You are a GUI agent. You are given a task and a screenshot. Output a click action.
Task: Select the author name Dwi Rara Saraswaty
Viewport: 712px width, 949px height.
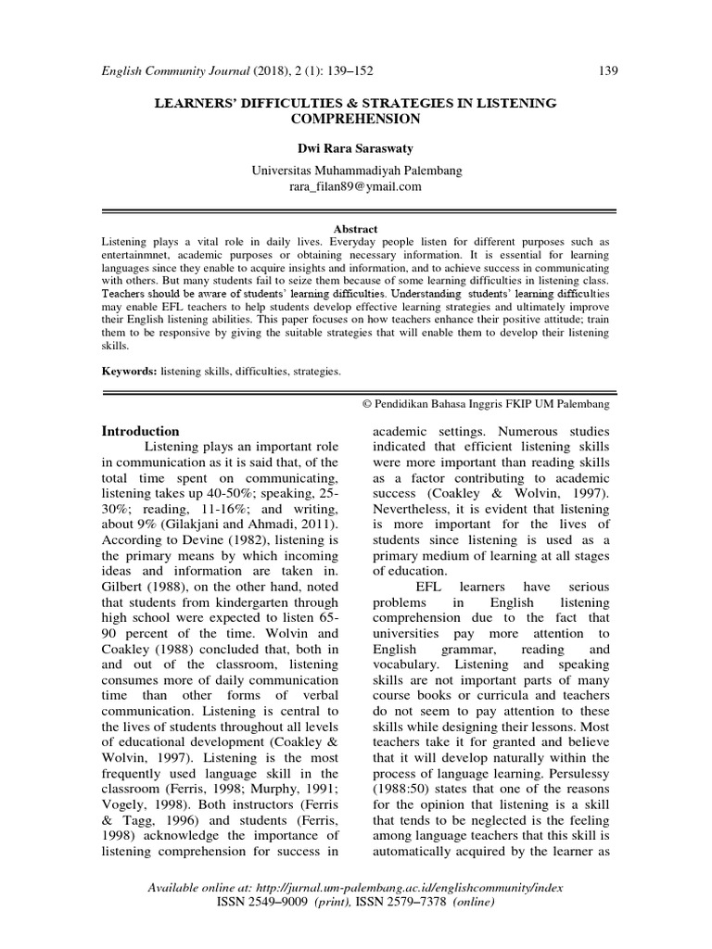(x=356, y=147)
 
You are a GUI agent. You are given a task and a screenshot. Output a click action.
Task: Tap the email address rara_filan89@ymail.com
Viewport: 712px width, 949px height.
(x=356, y=185)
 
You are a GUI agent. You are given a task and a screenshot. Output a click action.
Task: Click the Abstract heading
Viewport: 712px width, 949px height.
(x=356, y=228)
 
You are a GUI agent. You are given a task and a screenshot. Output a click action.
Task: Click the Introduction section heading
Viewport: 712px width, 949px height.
(x=140, y=431)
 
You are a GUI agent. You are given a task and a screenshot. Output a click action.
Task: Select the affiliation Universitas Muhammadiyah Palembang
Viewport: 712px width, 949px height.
(x=356, y=171)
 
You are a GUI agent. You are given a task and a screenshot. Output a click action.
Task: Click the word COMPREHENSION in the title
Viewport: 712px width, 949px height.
(x=356, y=119)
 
